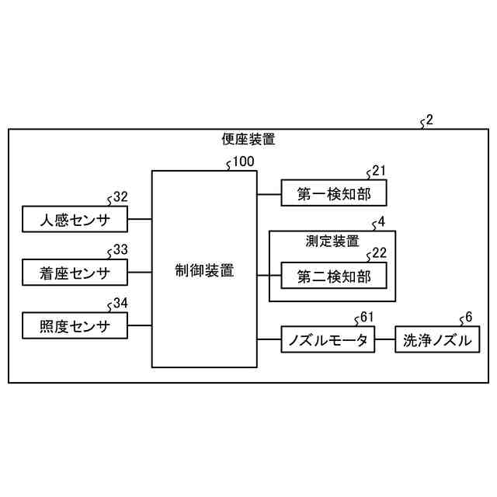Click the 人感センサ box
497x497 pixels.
click(75, 221)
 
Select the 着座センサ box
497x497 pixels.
click(75, 273)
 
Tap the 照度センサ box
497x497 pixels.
click(75, 325)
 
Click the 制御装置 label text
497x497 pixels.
click(204, 271)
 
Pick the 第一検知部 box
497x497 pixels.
click(332, 194)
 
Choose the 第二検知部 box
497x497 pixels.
click(332, 276)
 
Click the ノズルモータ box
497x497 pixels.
click(328, 340)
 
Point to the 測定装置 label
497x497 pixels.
click(332, 241)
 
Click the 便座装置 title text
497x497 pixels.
click(248, 140)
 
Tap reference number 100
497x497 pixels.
click(243, 162)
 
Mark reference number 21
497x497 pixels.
click(378, 171)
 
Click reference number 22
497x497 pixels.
click(378, 253)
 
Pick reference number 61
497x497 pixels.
click(367, 317)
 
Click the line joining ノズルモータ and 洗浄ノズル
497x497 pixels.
click(385, 340)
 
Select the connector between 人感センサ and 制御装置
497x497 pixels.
click(139, 220)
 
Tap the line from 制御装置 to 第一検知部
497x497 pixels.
click(269, 193)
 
